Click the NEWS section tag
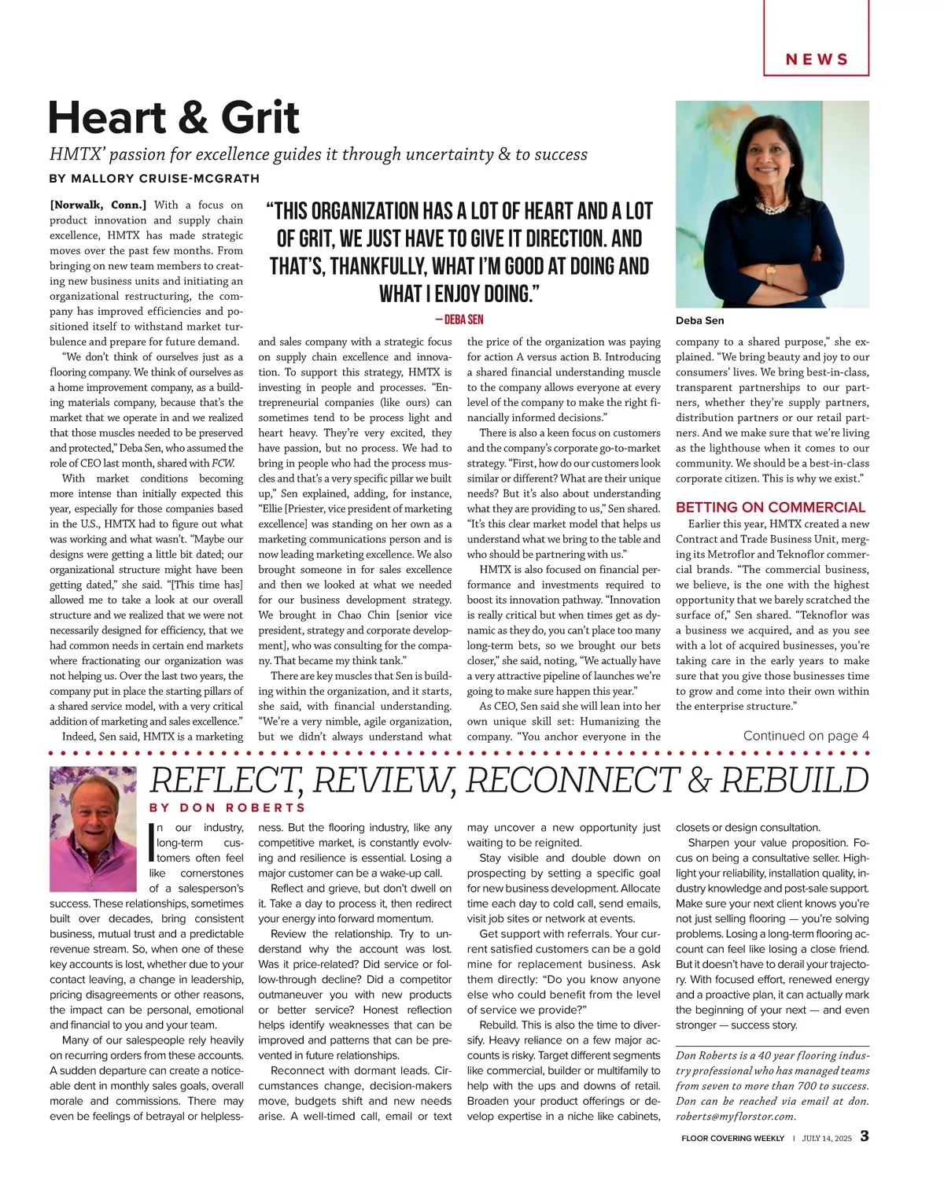[817, 60]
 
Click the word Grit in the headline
[260, 118]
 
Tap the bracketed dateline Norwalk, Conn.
[98, 205]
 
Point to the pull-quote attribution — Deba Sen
[459, 319]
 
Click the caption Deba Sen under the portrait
[699, 320]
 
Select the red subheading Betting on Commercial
[770, 508]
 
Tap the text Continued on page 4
[806, 736]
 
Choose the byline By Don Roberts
[227, 807]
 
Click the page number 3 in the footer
[864, 1136]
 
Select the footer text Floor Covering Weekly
[732, 1138]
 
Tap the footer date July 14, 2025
[827, 1138]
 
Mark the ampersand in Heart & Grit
[193, 118]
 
